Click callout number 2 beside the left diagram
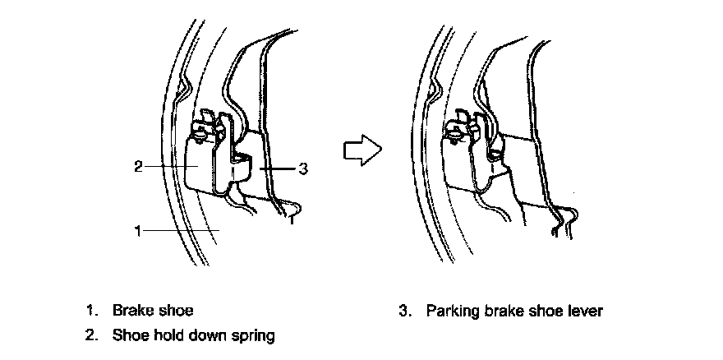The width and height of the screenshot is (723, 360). tap(137, 167)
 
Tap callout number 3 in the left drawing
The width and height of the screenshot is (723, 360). tap(303, 168)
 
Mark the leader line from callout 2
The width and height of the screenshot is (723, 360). tap(168, 167)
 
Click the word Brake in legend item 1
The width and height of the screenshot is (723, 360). tap(128, 312)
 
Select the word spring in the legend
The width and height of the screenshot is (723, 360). tap(255, 335)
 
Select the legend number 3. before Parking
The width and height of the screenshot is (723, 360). tap(404, 312)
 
